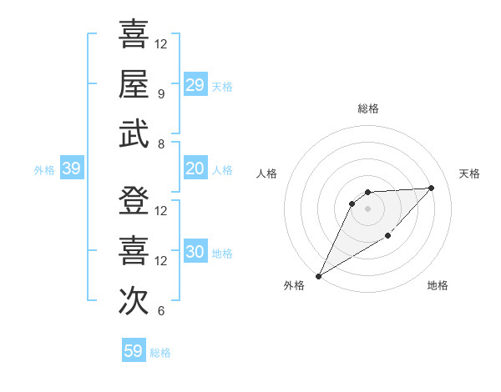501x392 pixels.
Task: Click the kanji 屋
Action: [x=134, y=84]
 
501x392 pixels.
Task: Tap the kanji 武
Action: [x=134, y=134]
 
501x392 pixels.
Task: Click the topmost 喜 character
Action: [x=134, y=34]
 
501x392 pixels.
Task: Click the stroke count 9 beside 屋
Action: [x=161, y=93]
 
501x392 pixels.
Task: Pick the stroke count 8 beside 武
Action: [x=161, y=143]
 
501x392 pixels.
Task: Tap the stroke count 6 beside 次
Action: [x=161, y=311]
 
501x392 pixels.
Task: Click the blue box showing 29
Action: [x=195, y=84]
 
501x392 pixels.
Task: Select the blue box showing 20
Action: [x=195, y=168]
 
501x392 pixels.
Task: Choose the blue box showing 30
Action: [x=195, y=252]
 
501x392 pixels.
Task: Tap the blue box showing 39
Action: [x=71, y=168]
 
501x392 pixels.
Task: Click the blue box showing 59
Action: [x=134, y=351]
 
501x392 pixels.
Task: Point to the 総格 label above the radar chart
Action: [x=367, y=108]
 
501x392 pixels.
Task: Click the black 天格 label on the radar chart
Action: [x=469, y=173]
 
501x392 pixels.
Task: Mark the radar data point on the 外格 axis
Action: [x=318, y=275]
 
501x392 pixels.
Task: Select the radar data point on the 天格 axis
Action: [x=431, y=188]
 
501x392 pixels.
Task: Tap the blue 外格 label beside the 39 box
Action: [x=44, y=170]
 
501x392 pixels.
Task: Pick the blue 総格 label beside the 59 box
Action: [x=160, y=353]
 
